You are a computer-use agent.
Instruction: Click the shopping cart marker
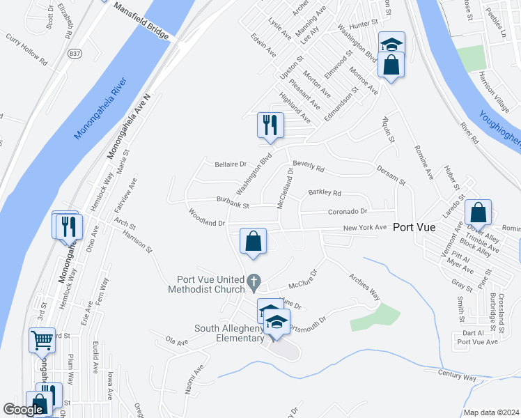pos(42,341)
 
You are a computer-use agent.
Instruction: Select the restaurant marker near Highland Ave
pos(270,125)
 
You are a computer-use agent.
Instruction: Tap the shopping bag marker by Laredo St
pos(479,212)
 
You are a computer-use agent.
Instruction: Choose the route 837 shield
pos(75,53)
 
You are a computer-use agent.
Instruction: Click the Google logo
pos(23,410)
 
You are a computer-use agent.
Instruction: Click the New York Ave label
pos(364,228)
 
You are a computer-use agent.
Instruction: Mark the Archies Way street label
pos(364,285)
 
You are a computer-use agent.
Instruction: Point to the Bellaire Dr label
pos(231,164)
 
